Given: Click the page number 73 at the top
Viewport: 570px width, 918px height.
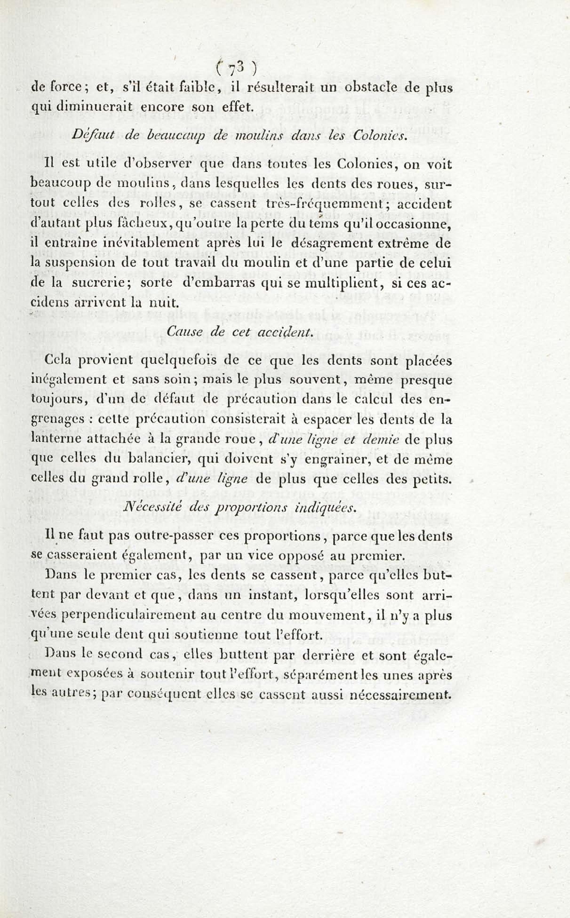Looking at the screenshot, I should click(237, 69).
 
